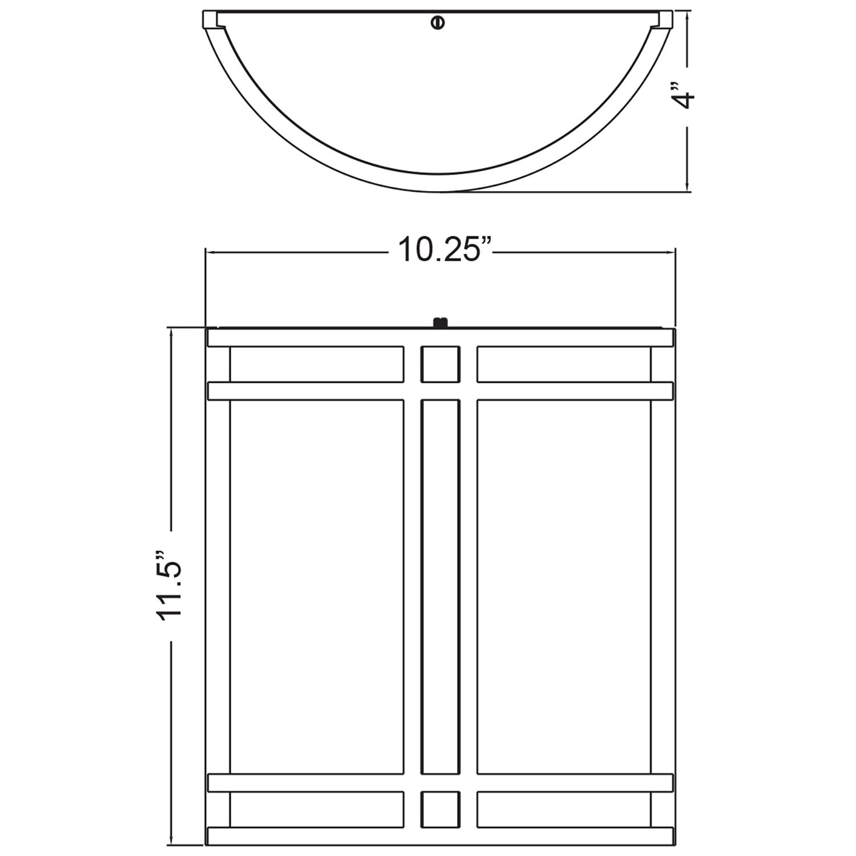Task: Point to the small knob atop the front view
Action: (x=439, y=323)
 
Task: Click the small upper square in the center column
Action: (x=440, y=364)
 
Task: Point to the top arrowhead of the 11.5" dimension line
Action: (x=171, y=332)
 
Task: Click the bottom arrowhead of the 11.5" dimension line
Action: (x=171, y=839)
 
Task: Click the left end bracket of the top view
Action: (x=211, y=19)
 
